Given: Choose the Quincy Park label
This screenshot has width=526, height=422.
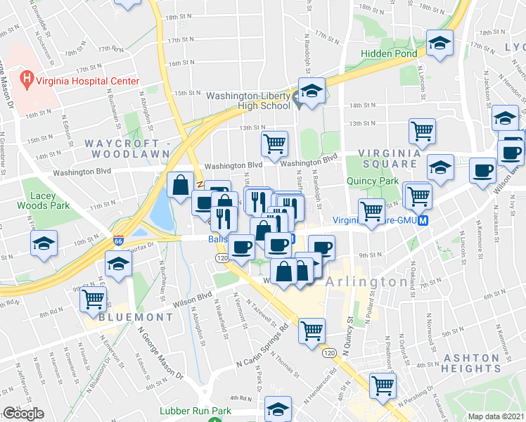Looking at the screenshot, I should (372, 180).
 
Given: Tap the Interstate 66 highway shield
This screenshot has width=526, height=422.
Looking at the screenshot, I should (118, 240).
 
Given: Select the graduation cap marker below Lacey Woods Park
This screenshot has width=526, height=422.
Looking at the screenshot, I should (44, 243).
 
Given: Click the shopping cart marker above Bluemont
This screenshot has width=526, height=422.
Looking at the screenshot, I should (93, 299).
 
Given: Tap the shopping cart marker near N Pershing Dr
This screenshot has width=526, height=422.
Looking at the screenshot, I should (383, 384).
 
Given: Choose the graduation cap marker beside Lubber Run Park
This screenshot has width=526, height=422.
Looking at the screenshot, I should (278, 408).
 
